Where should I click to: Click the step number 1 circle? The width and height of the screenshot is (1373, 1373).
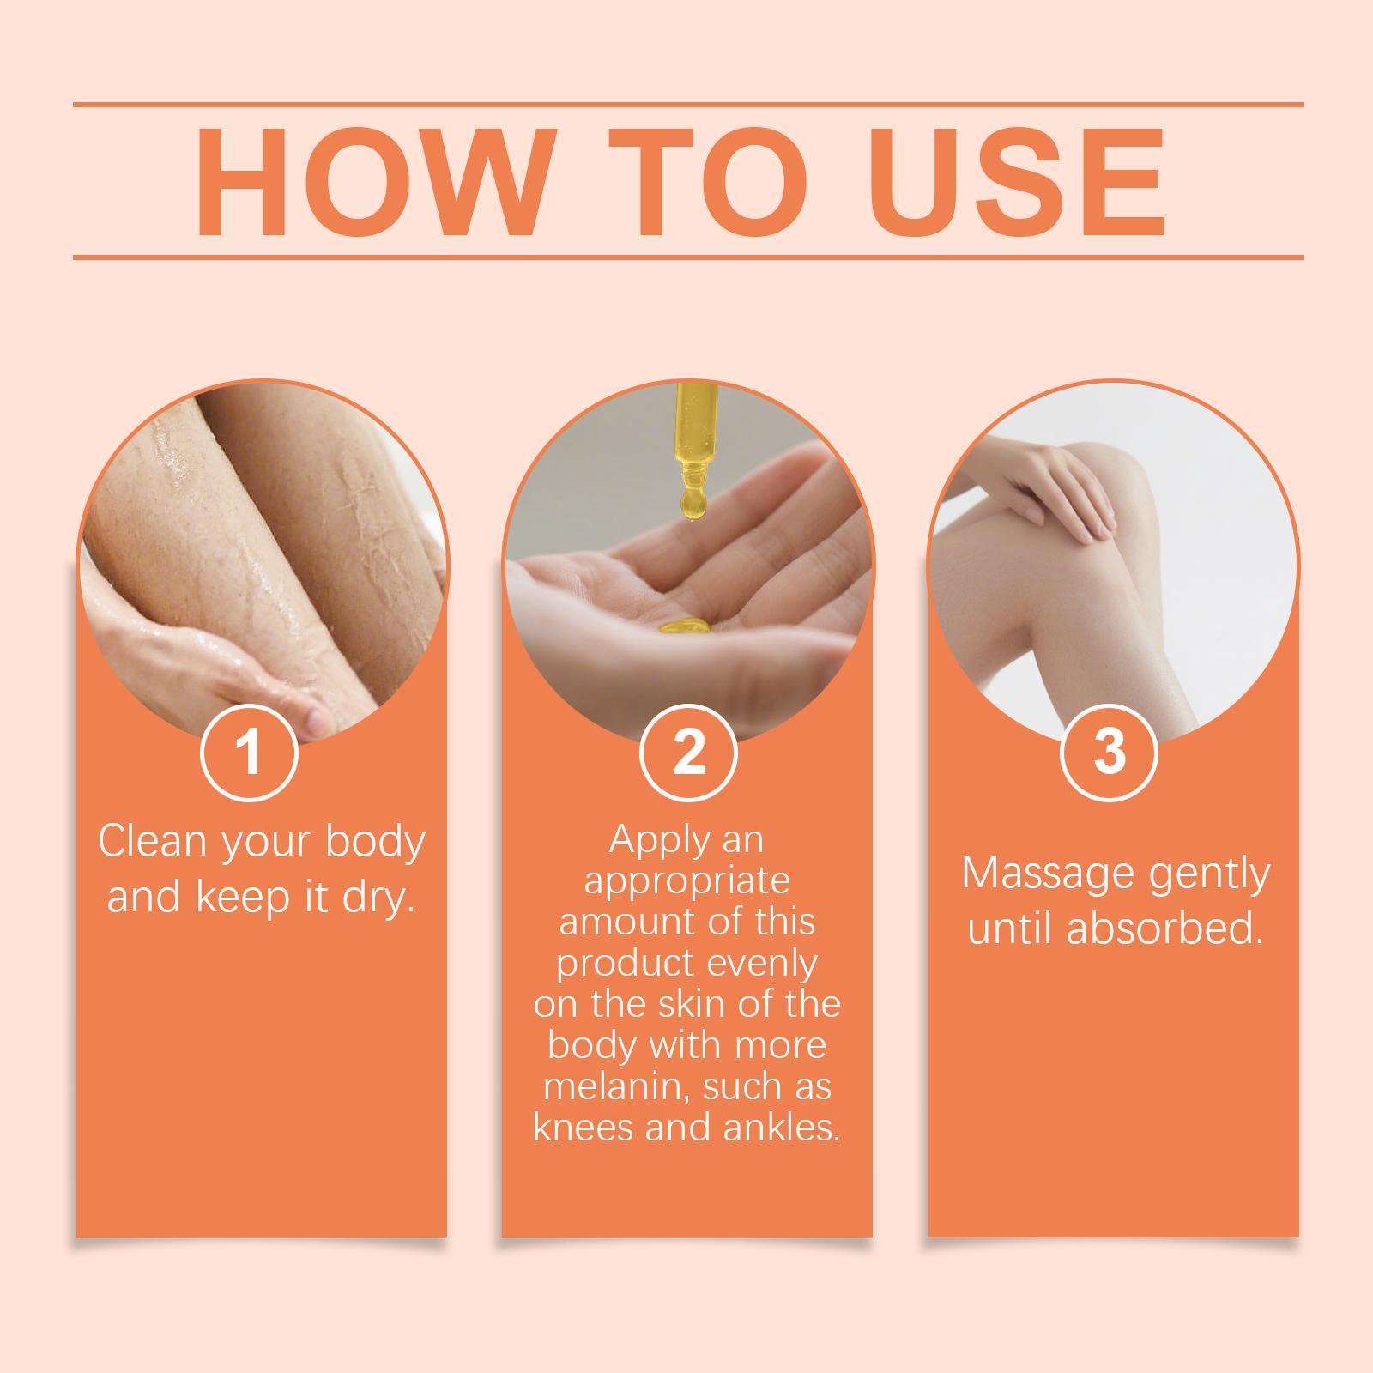pos(249,752)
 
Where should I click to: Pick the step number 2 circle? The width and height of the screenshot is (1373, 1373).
pos(688,752)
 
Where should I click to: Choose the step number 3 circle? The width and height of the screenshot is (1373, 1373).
pos(1110,752)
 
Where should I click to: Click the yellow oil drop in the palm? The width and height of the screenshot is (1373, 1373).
pos(682,626)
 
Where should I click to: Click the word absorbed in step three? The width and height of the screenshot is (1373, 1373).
pos(1164,929)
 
